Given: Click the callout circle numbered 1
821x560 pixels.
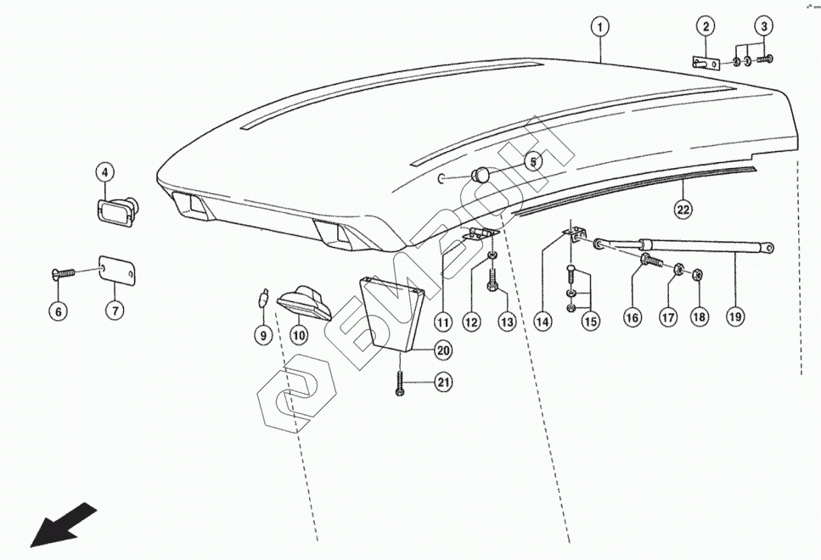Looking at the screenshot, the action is tap(600, 27).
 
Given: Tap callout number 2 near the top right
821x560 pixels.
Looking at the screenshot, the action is tap(706, 27).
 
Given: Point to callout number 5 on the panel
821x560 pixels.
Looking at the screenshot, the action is tap(533, 161).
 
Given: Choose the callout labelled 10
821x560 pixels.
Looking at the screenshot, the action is tap(299, 336).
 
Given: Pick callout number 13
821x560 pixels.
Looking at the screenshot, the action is tap(507, 322).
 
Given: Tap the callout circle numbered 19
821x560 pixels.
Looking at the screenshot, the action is tap(735, 316).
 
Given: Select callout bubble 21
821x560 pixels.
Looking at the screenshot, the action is tap(442, 384).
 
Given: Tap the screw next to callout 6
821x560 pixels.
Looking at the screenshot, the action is tap(65, 273).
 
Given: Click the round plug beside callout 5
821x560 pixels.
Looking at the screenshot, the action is tap(481, 176).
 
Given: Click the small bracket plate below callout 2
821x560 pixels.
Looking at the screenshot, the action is tap(703, 62).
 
